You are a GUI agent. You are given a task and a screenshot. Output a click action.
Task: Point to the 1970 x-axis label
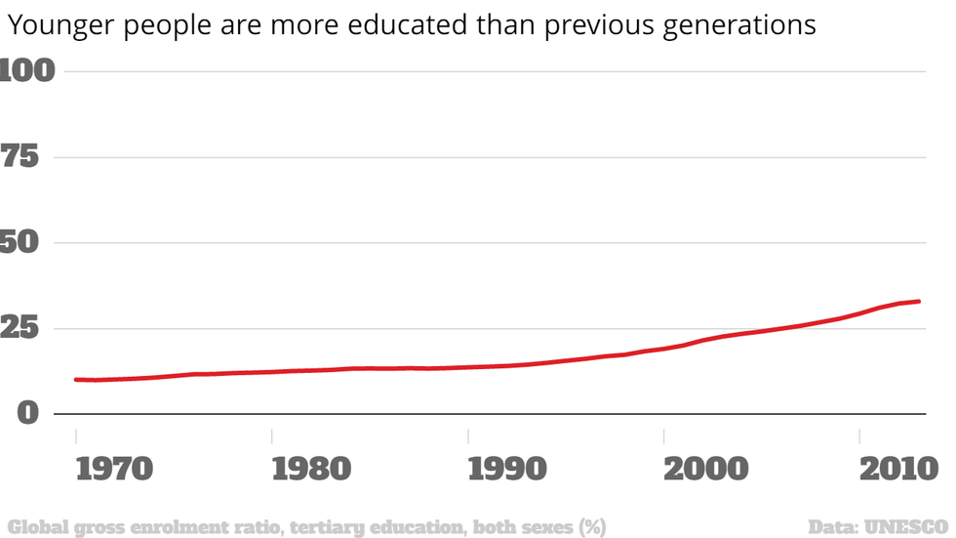(x=114, y=469)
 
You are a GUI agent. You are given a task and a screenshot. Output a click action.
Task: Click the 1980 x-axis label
(x=311, y=469)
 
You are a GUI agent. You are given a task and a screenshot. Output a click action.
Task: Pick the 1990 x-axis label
(x=507, y=469)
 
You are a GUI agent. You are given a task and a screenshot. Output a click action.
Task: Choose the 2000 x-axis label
(x=703, y=469)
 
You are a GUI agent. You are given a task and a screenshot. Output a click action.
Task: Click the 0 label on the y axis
(x=27, y=413)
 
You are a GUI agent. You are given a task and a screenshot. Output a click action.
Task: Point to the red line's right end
(x=919, y=302)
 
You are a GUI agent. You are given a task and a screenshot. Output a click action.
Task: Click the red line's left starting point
(x=76, y=379)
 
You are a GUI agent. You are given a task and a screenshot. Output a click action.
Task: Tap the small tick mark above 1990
(x=468, y=435)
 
